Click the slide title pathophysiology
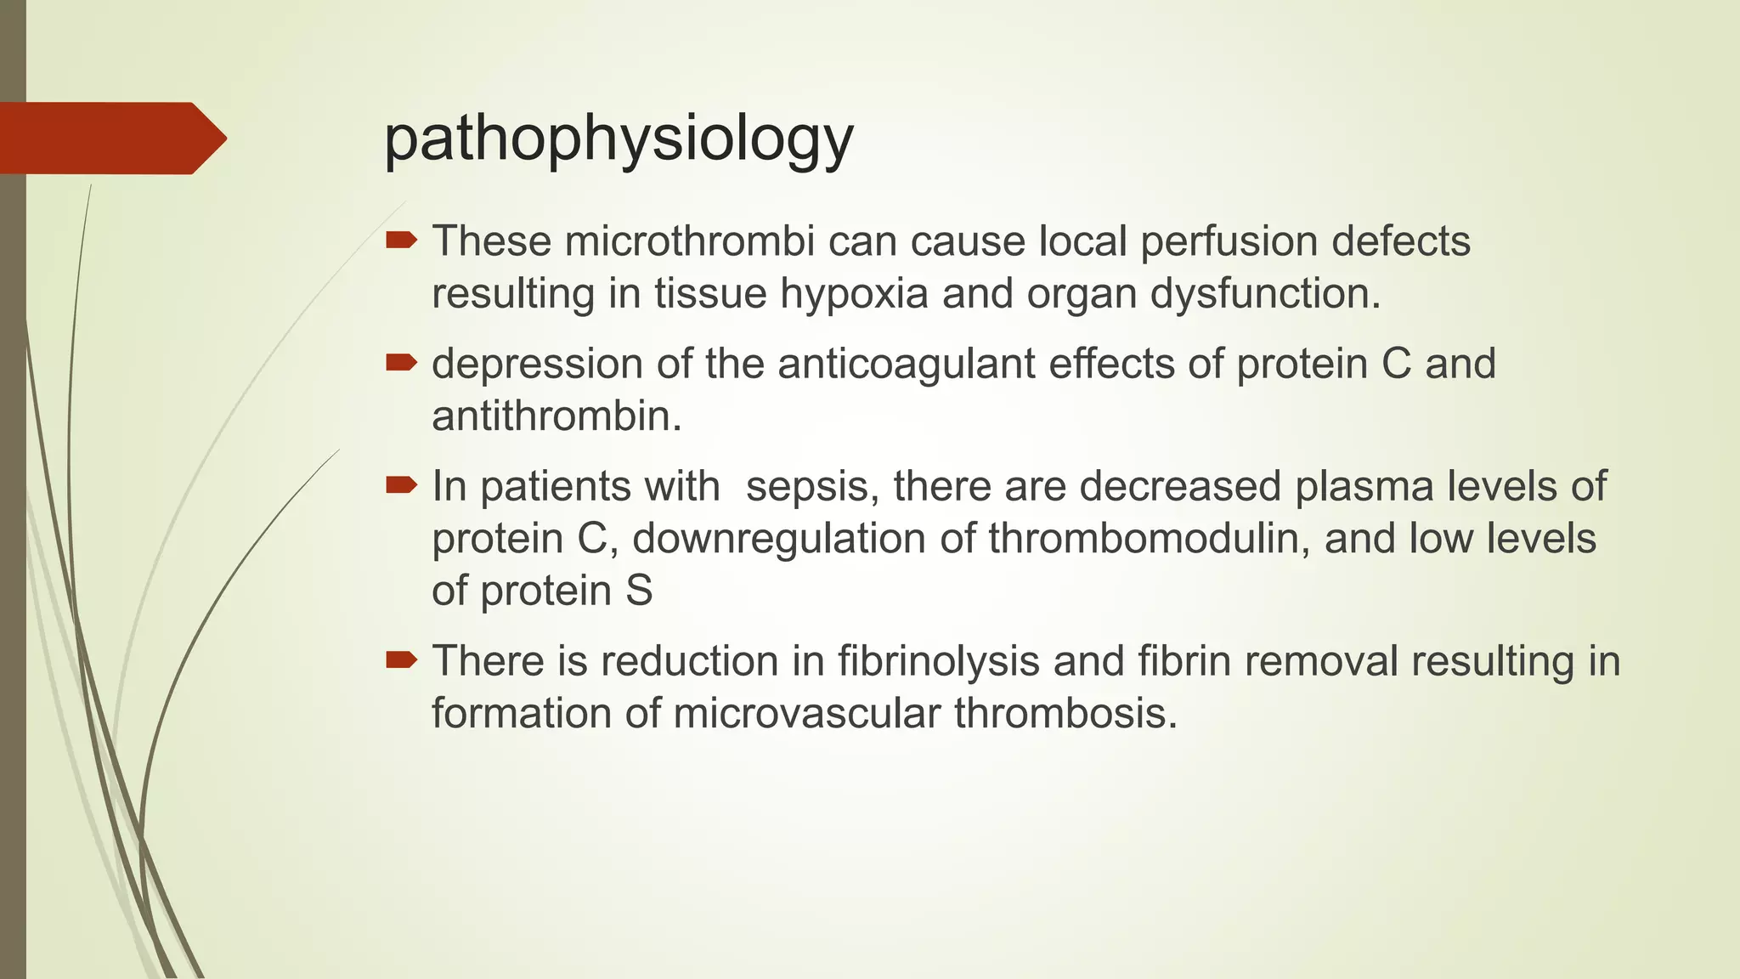click(x=619, y=139)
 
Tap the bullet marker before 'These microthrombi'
click(x=401, y=241)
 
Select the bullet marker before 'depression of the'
click(x=401, y=364)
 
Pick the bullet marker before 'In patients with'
click(x=401, y=486)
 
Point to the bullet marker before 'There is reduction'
click(x=401, y=660)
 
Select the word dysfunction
click(x=1265, y=294)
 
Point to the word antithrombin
click(x=556, y=416)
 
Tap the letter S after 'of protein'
click(x=639, y=591)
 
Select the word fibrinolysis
click(x=939, y=662)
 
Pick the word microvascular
click(x=807, y=713)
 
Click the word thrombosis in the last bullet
click(x=1065, y=713)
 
